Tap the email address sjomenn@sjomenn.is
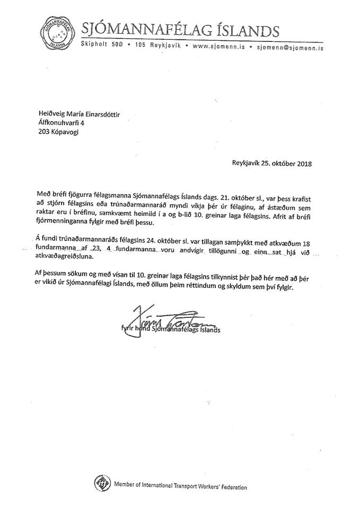[290, 47]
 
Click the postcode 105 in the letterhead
[140, 47]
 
